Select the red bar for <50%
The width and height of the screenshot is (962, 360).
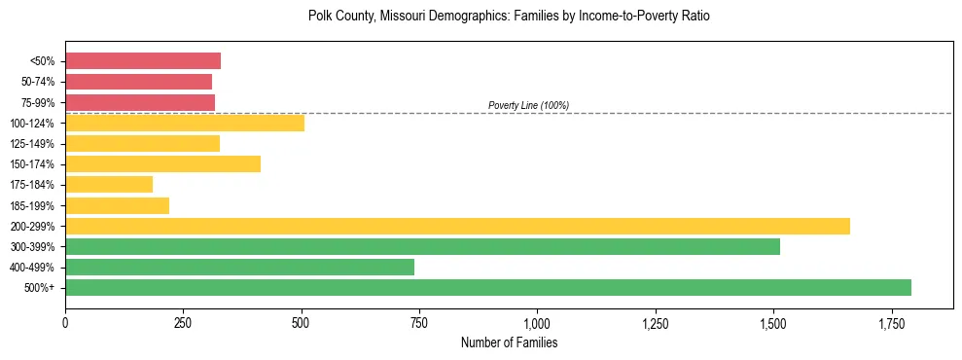pos(143,61)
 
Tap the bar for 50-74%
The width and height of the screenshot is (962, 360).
pos(138,82)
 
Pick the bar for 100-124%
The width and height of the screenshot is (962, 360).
pos(185,123)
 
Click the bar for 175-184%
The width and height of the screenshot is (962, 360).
pos(109,184)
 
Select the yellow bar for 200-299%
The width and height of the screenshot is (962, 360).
pos(457,226)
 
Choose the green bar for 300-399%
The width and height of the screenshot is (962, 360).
pos(422,246)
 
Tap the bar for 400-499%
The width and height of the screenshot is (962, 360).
pos(239,267)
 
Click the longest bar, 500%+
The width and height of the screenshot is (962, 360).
pos(488,287)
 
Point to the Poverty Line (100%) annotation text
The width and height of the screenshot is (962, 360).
pos(528,105)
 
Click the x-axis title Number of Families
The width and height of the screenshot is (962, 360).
pos(509,343)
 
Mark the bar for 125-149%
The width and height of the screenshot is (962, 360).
pos(142,143)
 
